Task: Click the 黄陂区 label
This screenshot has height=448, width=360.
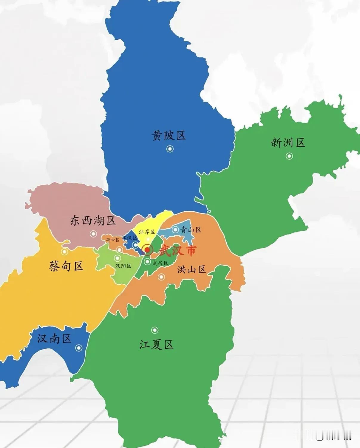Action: (x=169, y=136)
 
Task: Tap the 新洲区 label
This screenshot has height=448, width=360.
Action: (x=288, y=143)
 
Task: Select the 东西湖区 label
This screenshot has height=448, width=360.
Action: (x=93, y=221)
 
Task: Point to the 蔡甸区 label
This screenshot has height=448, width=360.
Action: (x=66, y=266)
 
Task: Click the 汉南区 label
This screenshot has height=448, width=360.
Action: (x=54, y=339)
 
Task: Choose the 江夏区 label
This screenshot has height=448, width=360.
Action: (x=156, y=345)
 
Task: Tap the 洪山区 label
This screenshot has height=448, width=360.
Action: (x=191, y=270)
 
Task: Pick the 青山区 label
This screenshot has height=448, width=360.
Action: (x=191, y=230)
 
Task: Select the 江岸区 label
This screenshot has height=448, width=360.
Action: (x=147, y=232)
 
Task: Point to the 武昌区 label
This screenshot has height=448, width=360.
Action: (x=160, y=263)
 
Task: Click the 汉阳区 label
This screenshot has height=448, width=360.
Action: (x=123, y=266)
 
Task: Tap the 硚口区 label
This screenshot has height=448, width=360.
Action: (x=113, y=240)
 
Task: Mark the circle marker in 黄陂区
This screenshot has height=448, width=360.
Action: (x=170, y=149)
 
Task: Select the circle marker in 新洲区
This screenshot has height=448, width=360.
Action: (x=289, y=156)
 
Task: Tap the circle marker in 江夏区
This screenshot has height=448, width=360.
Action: (x=154, y=330)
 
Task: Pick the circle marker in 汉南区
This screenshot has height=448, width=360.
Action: (x=79, y=348)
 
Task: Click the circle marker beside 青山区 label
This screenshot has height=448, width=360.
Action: (x=175, y=230)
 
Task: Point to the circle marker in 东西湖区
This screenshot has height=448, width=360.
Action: (x=93, y=234)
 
